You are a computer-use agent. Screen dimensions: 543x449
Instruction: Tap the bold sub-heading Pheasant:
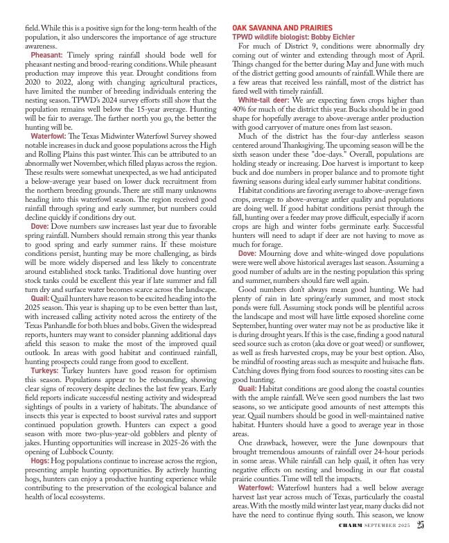coord(46,53)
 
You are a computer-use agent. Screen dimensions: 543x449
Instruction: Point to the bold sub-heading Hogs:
coord(39,460)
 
